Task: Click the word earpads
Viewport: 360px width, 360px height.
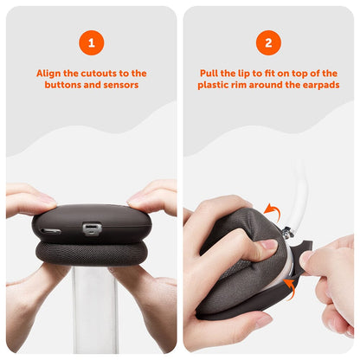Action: click(x=318, y=86)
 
